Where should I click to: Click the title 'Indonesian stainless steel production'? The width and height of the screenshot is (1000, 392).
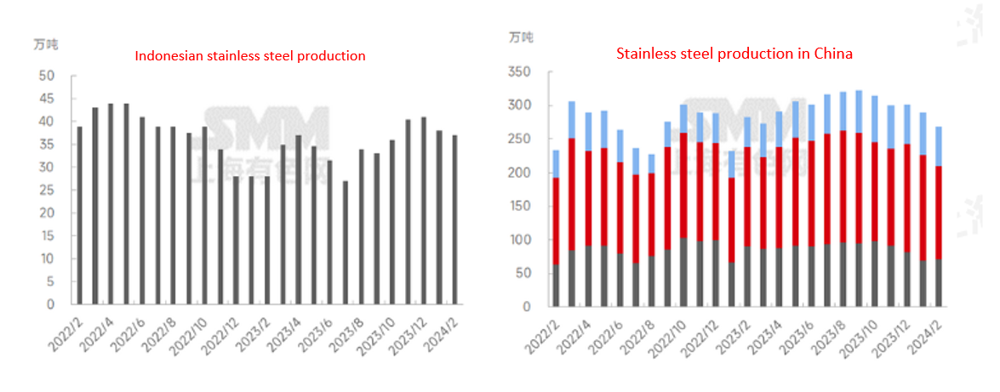pyautogui.click(x=250, y=56)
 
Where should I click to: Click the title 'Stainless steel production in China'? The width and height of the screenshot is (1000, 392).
pyautogui.click(x=734, y=54)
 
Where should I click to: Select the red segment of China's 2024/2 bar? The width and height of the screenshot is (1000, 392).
pyautogui.click(x=938, y=213)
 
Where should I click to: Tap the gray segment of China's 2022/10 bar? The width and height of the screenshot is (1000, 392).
pyautogui.click(x=683, y=272)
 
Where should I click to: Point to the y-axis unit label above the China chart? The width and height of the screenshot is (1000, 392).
pyautogui.click(x=521, y=37)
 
